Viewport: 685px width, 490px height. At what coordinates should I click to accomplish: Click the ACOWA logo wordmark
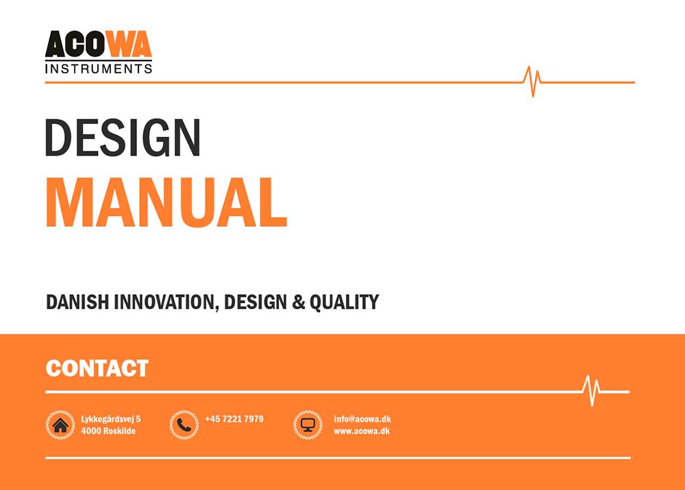[98, 46]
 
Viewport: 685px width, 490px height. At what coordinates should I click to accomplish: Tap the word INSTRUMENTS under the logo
[98, 69]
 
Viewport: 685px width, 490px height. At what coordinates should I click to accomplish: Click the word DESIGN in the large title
[123, 137]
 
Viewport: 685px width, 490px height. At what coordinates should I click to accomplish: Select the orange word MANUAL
[166, 202]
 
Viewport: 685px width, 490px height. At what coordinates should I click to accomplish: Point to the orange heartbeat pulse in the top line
[532, 82]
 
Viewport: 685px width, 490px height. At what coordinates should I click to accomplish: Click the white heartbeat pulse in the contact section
[591, 391]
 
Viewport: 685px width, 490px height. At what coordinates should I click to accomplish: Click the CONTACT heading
[97, 368]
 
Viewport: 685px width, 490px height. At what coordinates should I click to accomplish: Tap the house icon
[60, 425]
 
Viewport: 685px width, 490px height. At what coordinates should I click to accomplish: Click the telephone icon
[184, 425]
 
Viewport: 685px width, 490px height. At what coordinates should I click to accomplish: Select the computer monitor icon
[308, 425]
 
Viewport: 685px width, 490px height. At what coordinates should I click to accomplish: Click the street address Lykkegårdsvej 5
[111, 419]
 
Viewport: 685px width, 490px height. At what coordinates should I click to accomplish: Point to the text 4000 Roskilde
[108, 431]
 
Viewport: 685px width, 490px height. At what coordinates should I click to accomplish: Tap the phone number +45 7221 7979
[234, 419]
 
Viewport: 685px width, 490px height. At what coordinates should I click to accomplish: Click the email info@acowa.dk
[362, 419]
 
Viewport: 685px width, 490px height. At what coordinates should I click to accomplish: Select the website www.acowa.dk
[362, 431]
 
